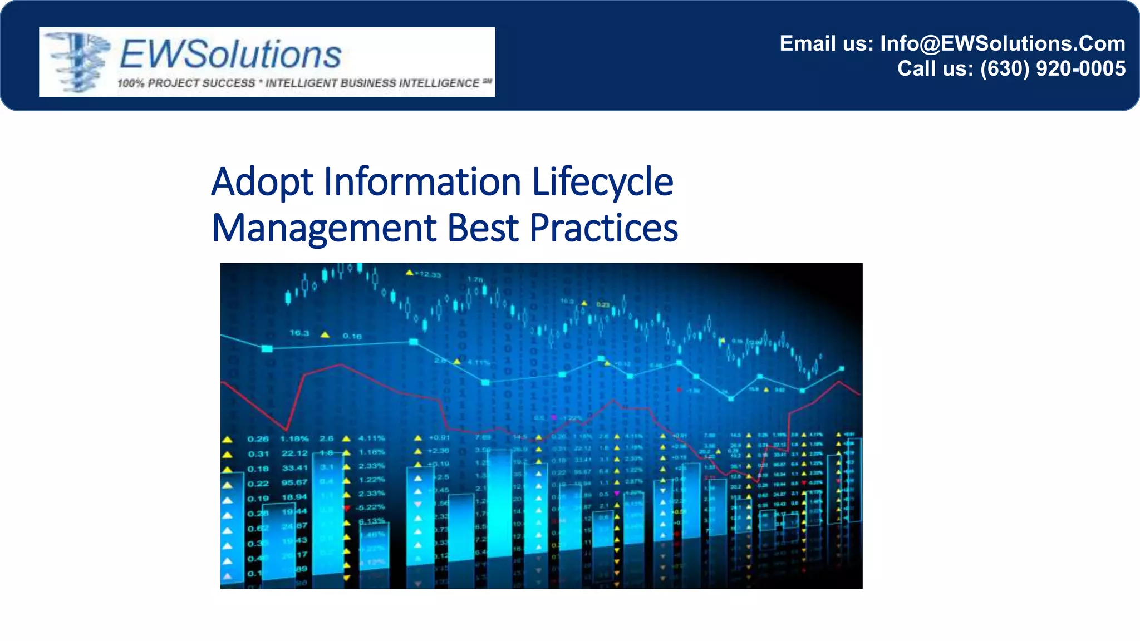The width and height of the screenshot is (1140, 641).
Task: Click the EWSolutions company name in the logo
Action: [x=230, y=55]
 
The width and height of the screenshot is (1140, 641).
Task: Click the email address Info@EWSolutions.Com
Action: [x=1003, y=43]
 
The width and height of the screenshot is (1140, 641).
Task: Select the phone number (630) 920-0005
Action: [x=1053, y=68]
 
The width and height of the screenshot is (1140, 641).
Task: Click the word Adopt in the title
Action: [x=262, y=182]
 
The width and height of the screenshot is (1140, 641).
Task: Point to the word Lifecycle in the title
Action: [x=602, y=182]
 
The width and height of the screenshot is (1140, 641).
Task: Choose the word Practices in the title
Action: [x=603, y=228]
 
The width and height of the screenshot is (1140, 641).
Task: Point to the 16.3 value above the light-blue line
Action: [x=299, y=333]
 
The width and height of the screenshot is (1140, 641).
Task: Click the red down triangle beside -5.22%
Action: [x=347, y=508]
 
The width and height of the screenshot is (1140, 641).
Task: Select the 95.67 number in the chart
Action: [x=294, y=482]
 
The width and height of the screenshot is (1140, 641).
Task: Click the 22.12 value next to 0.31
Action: [x=294, y=453]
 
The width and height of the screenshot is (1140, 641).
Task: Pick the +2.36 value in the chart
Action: [x=438, y=451]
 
